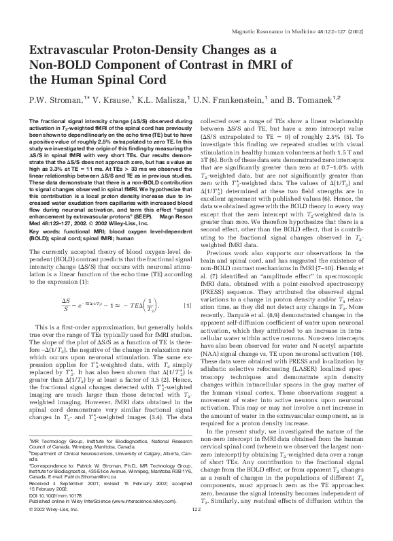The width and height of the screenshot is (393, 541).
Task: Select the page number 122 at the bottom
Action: pyautogui.click(x=196, y=529)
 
